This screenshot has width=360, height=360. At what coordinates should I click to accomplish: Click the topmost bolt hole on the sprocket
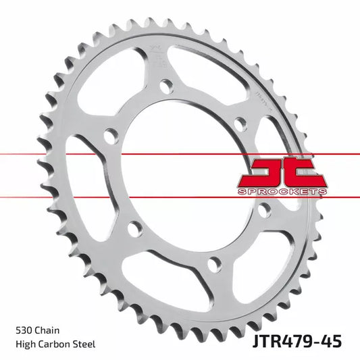coord(165,85)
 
